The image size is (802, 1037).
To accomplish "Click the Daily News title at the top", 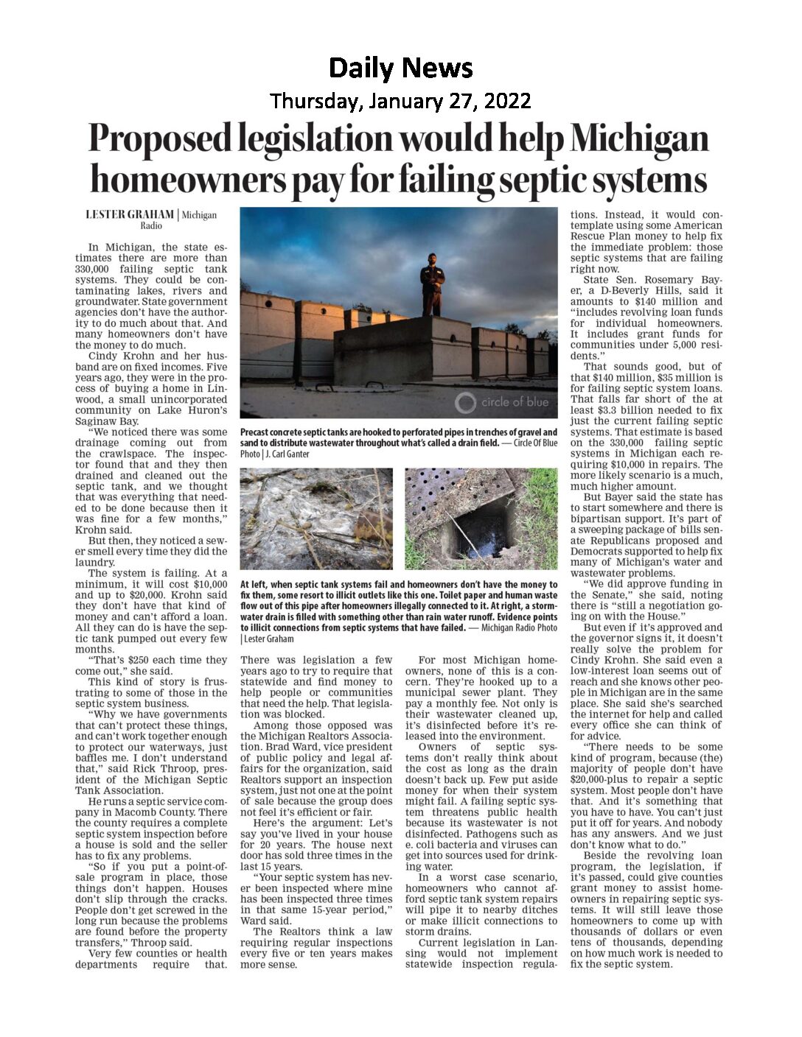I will (400, 68).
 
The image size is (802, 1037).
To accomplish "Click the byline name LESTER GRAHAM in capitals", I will (130, 214).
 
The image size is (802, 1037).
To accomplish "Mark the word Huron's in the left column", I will (201, 410).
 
